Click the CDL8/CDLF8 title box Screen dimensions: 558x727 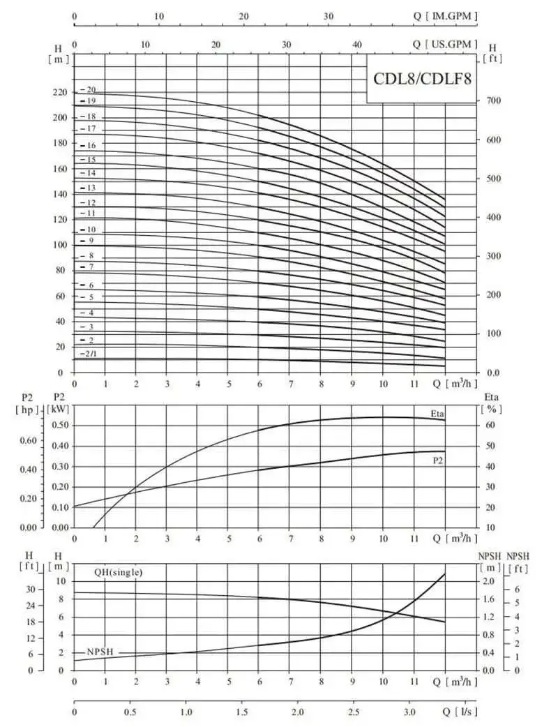click(x=422, y=78)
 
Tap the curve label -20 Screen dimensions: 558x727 click(x=88, y=90)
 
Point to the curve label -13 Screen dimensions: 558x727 click(x=88, y=188)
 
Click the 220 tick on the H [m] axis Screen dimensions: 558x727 click(x=60, y=92)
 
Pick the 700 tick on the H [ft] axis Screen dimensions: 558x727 click(x=493, y=100)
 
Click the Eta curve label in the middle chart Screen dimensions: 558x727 click(x=437, y=414)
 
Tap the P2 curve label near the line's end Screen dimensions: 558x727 click(x=438, y=461)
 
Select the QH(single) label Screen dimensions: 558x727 click(x=119, y=572)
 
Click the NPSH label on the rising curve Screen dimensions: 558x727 click(x=100, y=652)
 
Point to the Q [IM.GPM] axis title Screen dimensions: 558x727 click(x=445, y=16)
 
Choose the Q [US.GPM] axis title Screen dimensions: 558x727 click(x=445, y=44)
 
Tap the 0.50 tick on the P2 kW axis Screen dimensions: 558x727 click(x=60, y=425)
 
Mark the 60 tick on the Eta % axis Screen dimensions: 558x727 click(x=490, y=425)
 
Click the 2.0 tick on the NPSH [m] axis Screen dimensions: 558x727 click(x=490, y=581)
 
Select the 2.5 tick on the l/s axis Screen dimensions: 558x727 click(x=354, y=712)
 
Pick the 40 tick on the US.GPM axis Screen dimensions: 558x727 click(x=357, y=45)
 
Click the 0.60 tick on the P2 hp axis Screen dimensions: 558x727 click(x=29, y=440)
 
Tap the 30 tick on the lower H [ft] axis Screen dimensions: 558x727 click(x=30, y=590)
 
